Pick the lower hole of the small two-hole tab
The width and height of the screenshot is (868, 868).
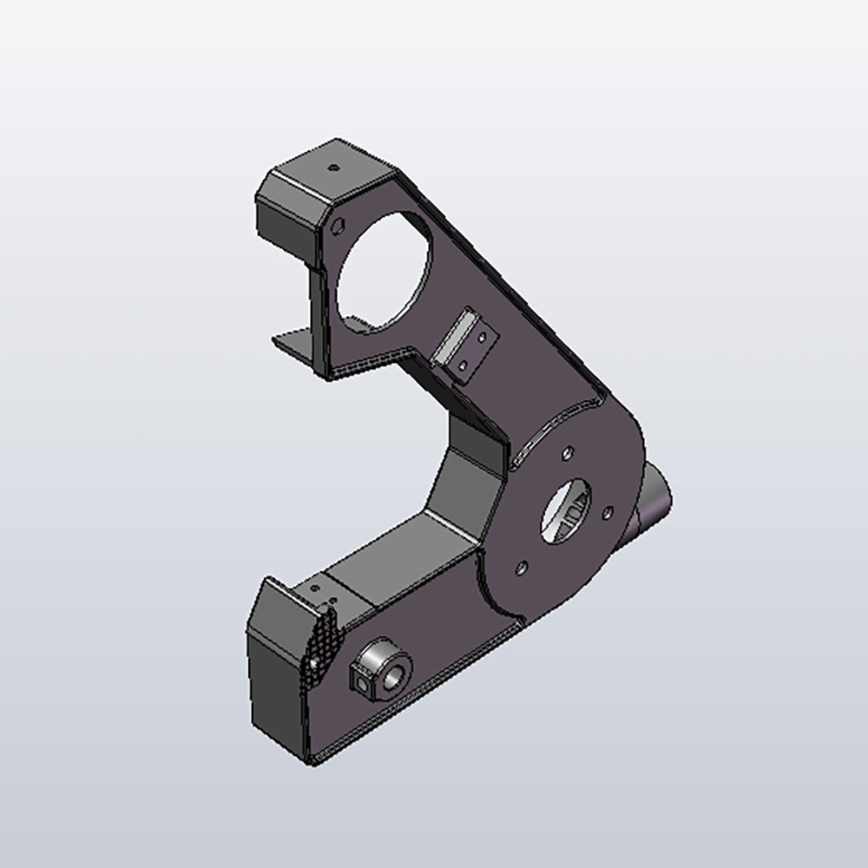coord(463,366)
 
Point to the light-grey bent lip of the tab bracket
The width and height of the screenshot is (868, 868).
coord(451,339)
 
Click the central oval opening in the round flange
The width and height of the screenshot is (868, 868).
coord(568,512)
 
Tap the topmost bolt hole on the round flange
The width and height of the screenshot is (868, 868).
coord(566,453)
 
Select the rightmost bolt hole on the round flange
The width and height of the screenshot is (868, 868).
coord(608,511)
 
